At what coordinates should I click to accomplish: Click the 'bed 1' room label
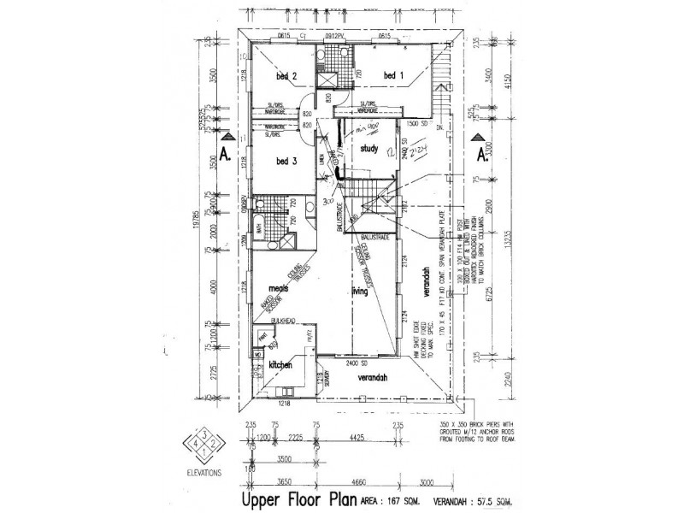click(392, 76)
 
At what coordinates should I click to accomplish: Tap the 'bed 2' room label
click(286, 77)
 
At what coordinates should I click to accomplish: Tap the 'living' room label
click(356, 292)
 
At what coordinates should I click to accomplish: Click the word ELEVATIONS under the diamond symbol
click(202, 472)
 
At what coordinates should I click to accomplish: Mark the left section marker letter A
click(223, 156)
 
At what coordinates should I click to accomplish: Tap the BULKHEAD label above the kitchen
click(283, 321)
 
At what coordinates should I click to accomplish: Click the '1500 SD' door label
click(417, 123)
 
